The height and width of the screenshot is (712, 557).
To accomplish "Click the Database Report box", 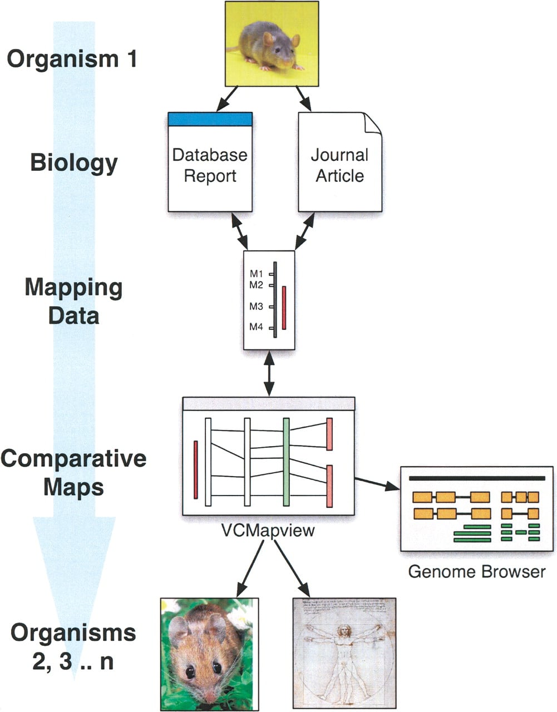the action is tap(210, 162).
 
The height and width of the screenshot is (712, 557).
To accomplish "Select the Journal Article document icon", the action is tap(340, 162).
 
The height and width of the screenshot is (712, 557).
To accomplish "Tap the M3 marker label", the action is tap(256, 306).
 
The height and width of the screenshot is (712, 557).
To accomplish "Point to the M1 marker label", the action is tap(256, 274).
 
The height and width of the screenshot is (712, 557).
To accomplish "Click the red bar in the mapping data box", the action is tap(284, 308).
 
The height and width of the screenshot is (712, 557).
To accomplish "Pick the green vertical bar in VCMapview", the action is tap(286, 462).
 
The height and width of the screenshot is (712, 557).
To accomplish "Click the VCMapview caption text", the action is tap(268, 530).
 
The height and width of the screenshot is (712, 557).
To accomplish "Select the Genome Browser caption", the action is tap(477, 572).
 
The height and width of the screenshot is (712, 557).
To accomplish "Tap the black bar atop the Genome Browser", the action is tap(477, 478).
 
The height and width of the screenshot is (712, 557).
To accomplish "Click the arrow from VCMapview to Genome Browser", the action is tap(377, 484).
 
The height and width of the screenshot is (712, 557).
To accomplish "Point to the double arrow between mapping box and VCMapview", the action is tap(269, 374).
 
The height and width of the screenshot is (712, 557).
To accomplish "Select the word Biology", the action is tap(73, 163).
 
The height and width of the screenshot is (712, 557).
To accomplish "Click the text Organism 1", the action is tap(72, 59).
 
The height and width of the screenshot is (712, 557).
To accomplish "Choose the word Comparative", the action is tap(73, 458).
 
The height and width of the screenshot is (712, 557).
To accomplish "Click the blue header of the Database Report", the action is tap(210, 119).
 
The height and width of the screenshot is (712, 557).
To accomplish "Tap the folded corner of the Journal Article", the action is tap(373, 122).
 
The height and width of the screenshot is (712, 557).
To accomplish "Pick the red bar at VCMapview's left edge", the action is tap(196, 469).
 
